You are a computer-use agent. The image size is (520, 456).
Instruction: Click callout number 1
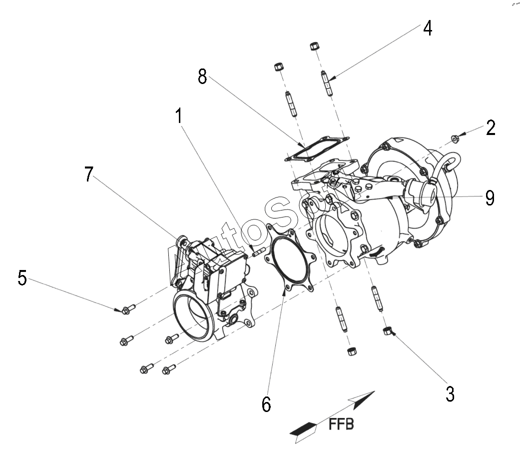(179, 116)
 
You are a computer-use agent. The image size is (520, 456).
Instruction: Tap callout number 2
(491, 127)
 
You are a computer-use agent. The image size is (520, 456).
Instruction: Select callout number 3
(450, 394)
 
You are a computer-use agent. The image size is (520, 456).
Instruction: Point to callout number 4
(428, 28)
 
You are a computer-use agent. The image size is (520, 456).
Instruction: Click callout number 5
(22, 277)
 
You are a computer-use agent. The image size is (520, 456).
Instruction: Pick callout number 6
(266, 404)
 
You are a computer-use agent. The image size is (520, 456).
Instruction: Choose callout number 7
(88, 174)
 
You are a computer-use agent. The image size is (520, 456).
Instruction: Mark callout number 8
(202, 76)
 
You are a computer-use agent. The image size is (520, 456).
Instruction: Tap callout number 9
(490, 198)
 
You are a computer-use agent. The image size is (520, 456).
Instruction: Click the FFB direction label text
(341, 424)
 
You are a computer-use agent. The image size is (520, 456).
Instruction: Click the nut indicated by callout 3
(387, 330)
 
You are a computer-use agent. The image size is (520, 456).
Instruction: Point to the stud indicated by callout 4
(326, 83)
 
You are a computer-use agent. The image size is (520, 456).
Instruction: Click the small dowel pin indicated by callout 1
(258, 252)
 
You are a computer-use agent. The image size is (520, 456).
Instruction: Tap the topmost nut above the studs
(314, 46)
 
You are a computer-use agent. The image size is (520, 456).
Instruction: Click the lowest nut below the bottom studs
(352, 352)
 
